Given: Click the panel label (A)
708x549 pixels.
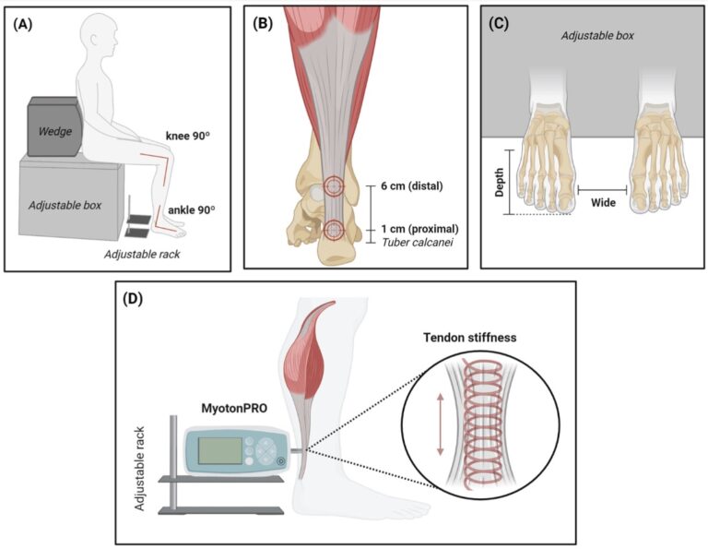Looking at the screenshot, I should coord(25,24).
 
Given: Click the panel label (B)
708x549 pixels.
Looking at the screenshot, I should coord(263,24).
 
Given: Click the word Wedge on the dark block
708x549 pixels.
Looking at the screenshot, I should coord(55,132).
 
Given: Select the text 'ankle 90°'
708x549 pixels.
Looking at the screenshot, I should coord(191,209).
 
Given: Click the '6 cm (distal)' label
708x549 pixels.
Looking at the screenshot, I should coord(411,186).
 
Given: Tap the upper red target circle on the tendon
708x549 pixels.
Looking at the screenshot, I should coord(334,186).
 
